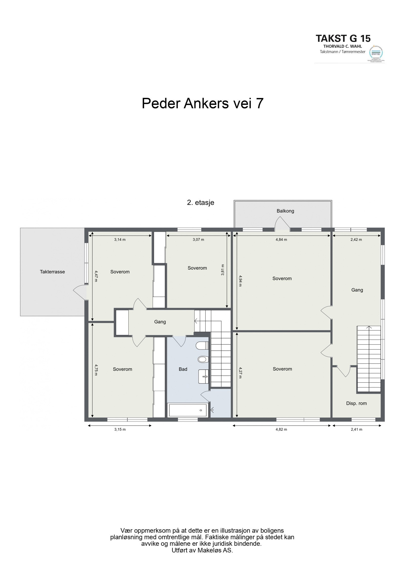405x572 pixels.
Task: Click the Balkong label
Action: coord(285,211)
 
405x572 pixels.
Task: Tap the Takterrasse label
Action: coord(52,272)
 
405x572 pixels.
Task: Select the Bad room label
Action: coord(183,369)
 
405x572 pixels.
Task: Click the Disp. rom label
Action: coord(356,403)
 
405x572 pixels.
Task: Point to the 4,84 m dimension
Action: coord(281,239)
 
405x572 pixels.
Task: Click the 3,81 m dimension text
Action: coord(223,270)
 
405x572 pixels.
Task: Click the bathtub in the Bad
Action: coord(188,410)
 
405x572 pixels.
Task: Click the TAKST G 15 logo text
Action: coord(343,38)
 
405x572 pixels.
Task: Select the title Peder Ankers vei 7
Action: coord(202,103)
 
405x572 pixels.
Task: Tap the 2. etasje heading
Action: coord(200,202)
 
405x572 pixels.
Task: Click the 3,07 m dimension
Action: coord(198,239)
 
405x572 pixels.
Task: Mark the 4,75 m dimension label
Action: coord(96,370)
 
